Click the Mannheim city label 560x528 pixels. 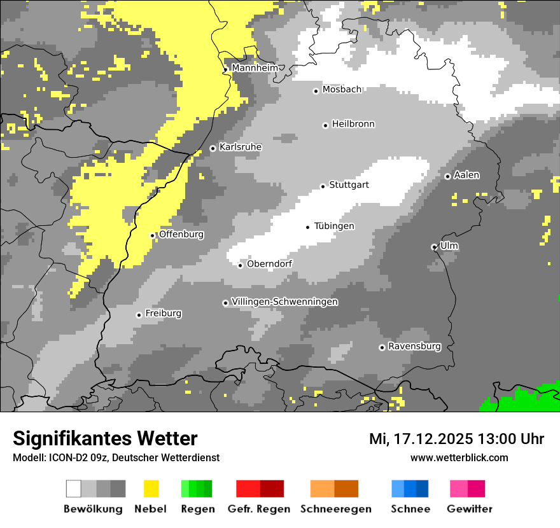255,67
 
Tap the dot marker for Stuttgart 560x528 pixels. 323,186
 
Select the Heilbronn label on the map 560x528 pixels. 353,124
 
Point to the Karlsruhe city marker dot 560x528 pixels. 213,149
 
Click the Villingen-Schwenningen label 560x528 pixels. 284,302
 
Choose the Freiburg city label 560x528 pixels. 163,313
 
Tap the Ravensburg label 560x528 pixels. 414,346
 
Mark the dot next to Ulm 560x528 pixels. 434,247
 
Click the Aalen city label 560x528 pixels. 466,175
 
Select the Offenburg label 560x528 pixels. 181,234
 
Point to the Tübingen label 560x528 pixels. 334,226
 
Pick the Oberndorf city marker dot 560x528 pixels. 241,265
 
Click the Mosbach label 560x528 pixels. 342,90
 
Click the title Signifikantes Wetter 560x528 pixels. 105,438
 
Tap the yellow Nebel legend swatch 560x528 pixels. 151,489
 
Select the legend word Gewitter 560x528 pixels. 470,509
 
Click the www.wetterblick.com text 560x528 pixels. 459,457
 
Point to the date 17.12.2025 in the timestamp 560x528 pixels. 432,439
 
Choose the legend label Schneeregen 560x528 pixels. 335,509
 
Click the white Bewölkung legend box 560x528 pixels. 73,489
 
